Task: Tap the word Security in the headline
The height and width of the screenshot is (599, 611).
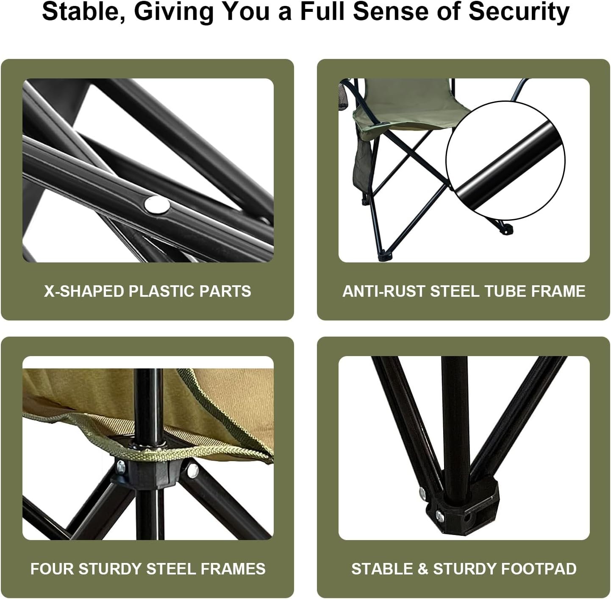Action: point(519,12)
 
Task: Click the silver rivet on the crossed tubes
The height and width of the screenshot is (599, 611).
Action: point(157,205)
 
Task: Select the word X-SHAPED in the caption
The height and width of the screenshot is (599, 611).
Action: point(84,291)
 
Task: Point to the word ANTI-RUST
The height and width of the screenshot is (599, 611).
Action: point(383,291)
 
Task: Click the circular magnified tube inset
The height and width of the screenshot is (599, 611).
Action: point(505,161)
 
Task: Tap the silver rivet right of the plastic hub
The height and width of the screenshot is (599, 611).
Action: point(193,471)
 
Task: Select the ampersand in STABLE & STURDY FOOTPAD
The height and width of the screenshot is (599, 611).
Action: point(423,569)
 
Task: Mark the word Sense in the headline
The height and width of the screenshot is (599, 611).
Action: point(392,12)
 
